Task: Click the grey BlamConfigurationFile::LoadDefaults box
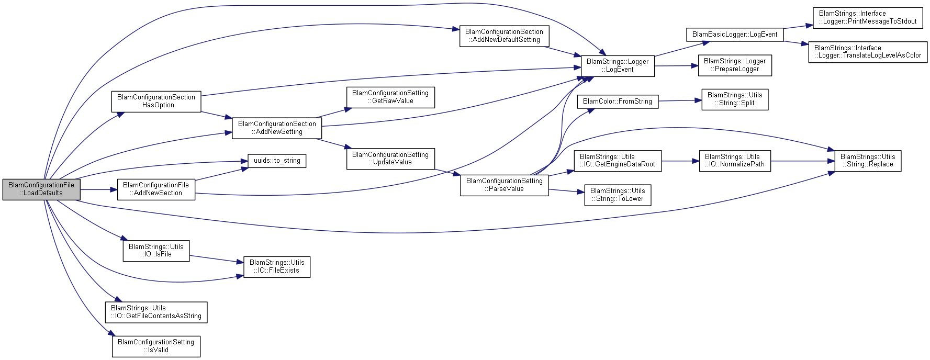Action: [x=41, y=189]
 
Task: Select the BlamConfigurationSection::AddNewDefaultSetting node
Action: [x=504, y=36]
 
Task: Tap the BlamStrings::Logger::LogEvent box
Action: [x=618, y=65]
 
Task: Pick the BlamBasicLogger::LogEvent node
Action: [x=735, y=35]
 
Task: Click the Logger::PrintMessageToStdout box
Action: [x=868, y=18]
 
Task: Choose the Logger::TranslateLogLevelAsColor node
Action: [x=868, y=52]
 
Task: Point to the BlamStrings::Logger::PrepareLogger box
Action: [x=735, y=65]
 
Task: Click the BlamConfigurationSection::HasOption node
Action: [x=156, y=101]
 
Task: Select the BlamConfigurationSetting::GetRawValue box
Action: [x=390, y=97]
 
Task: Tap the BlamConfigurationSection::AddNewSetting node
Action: [x=277, y=128]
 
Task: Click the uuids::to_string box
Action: [x=277, y=161]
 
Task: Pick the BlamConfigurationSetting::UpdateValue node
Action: [x=390, y=159]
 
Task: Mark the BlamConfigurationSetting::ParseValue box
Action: [x=504, y=185]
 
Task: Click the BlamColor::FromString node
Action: [x=618, y=102]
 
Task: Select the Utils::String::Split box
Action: [x=735, y=99]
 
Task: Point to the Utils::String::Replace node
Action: [x=868, y=161]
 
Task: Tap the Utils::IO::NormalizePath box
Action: [x=735, y=161]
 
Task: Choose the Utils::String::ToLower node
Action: [x=618, y=195]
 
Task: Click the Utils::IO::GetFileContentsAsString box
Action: [x=156, y=312]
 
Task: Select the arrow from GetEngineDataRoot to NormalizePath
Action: [x=680, y=161]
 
